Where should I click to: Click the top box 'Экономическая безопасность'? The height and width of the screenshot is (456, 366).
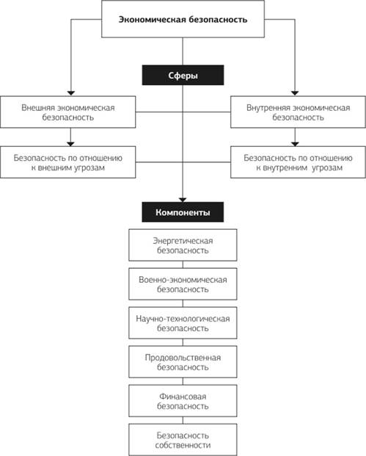click(x=183, y=19)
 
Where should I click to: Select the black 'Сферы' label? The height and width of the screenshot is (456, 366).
click(x=183, y=75)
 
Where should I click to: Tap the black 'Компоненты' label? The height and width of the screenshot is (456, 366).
click(x=183, y=212)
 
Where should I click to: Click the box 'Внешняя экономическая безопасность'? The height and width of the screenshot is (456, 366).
click(x=68, y=112)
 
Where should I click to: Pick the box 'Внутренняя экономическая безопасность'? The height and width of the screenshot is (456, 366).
click(x=298, y=112)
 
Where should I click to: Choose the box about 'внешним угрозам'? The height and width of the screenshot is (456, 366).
click(x=68, y=162)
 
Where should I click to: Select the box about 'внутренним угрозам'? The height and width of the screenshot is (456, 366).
click(x=298, y=162)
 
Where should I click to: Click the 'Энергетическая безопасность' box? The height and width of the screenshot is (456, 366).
click(x=183, y=245)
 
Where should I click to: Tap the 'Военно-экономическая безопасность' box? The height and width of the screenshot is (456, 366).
click(x=183, y=284)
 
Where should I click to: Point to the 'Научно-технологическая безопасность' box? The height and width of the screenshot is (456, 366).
click(x=183, y=323)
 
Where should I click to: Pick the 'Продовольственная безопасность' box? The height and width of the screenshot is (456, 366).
click(x=183, y=362)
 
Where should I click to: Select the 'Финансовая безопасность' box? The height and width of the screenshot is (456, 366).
click(x=183, y=401)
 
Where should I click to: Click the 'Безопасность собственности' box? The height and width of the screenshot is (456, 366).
click(x=183, y=439)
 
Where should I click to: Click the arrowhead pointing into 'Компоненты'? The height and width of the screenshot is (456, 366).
click(x=183, y=200)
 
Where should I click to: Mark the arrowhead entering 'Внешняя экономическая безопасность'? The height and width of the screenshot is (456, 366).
click(x=71, y=93)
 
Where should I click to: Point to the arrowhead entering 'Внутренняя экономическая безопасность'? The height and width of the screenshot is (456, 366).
click(x=295, y=93)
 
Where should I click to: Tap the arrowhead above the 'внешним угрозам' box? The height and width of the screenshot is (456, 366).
click(x=70, y=144)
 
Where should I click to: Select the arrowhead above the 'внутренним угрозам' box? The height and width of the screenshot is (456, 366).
click(x=295, y=144)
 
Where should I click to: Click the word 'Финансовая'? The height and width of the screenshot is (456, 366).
click(x=183, y=397)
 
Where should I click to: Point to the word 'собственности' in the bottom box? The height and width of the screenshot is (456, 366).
click(x=183, y=445)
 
